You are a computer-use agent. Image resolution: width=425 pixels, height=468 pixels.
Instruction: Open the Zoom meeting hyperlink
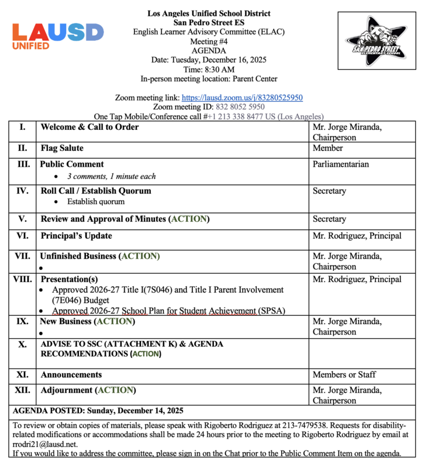point(242,98)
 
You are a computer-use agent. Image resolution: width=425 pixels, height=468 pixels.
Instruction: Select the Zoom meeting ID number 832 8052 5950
point(240,107)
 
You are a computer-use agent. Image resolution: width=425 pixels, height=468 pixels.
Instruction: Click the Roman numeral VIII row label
point(22,279)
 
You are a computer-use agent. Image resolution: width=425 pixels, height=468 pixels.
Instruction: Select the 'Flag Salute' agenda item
point(62,148)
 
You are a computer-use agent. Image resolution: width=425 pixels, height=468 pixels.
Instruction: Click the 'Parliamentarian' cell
point(341,164)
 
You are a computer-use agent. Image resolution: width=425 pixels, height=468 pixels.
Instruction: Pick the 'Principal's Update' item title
point(76,236)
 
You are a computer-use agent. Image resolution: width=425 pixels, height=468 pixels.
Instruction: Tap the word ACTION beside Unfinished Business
point(140,256)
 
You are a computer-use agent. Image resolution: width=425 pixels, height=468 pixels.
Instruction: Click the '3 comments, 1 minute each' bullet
point(111,176)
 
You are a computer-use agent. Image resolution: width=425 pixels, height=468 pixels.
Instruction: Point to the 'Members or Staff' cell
point(344,374)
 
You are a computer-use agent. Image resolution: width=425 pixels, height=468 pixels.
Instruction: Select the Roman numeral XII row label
point(22,390)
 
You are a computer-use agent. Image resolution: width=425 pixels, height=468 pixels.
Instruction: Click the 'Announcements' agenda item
point(71,374)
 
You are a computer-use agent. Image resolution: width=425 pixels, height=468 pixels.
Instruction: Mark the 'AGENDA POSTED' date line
point(98,410)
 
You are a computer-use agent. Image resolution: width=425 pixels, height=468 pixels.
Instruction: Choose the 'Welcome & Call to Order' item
point(89,127)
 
